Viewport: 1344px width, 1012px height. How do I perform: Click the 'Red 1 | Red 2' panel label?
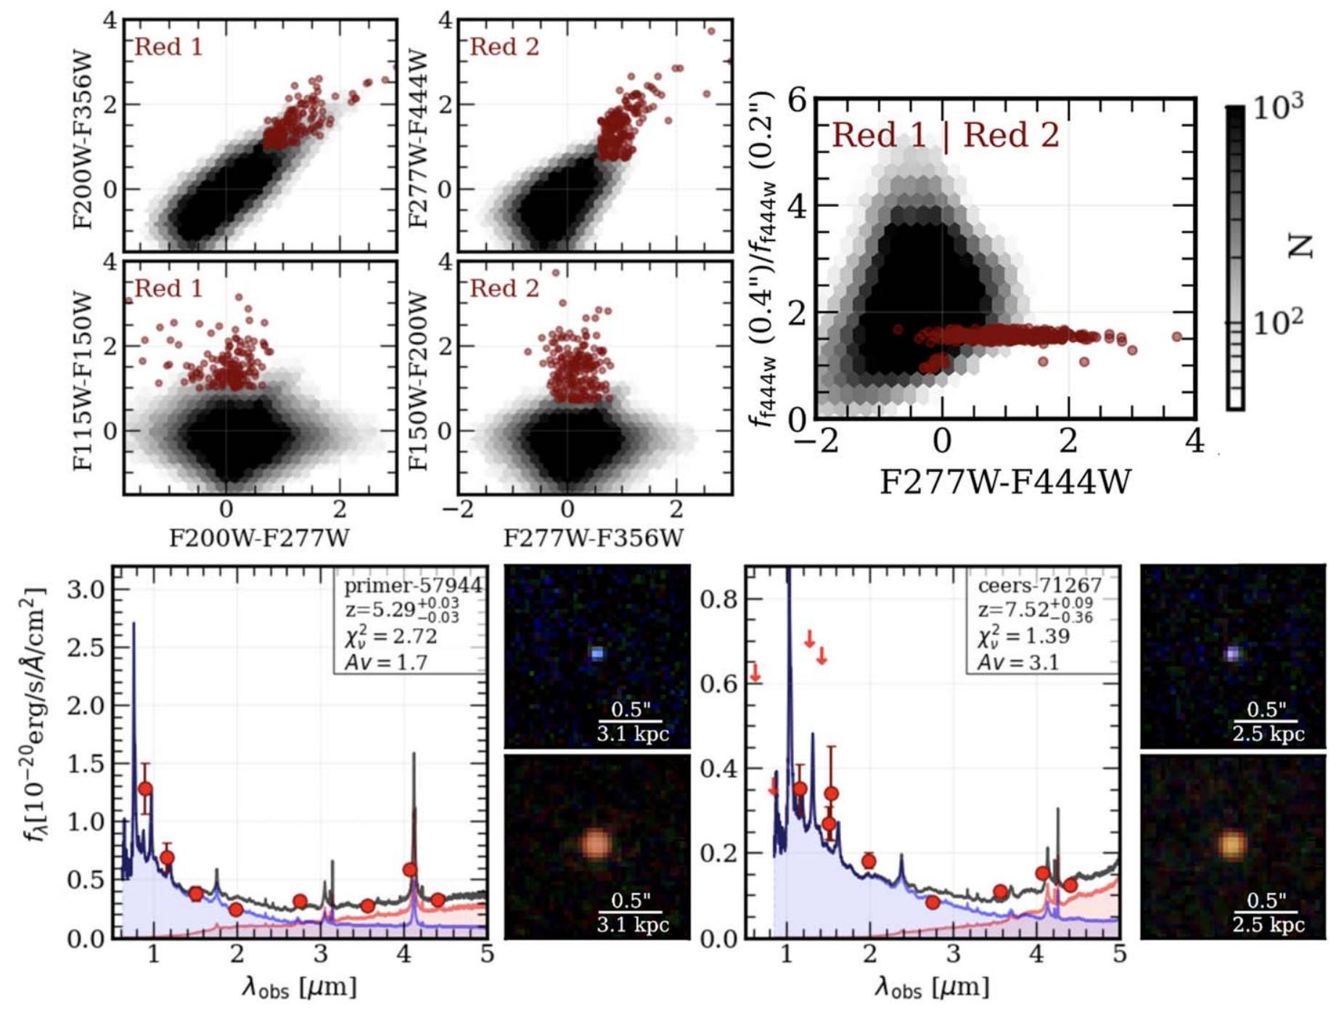(945, 136)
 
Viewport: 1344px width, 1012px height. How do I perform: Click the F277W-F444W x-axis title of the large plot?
(1005, 481)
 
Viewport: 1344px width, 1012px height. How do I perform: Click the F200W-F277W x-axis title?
(259, 538)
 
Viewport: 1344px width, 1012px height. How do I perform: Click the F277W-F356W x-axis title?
(594, 538)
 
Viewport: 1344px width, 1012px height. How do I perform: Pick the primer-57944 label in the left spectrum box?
(412, 586)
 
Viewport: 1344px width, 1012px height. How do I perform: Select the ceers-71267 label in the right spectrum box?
(1039, 586)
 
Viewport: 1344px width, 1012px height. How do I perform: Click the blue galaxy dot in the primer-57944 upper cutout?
(597, 653)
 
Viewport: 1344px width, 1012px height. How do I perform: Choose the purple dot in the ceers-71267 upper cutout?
(1232, 654)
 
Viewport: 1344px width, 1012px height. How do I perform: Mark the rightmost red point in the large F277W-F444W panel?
(1176, 337)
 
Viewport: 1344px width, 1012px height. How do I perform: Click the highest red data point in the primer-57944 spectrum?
(145, 789)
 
